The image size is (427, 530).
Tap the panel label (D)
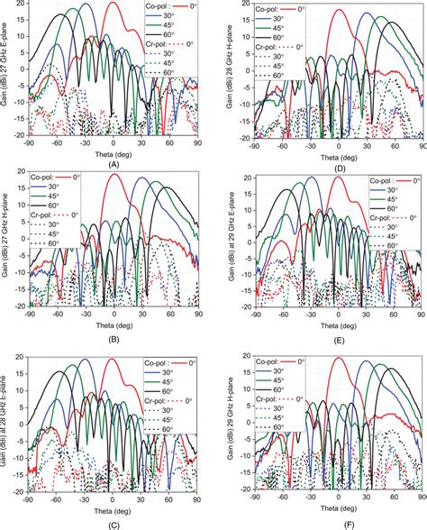(x=339, y=163)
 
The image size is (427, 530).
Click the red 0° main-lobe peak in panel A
(x=112, y=4)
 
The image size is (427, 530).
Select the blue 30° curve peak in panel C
(x=86, y=360)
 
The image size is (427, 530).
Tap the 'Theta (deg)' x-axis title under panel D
(x=339, y=152)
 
